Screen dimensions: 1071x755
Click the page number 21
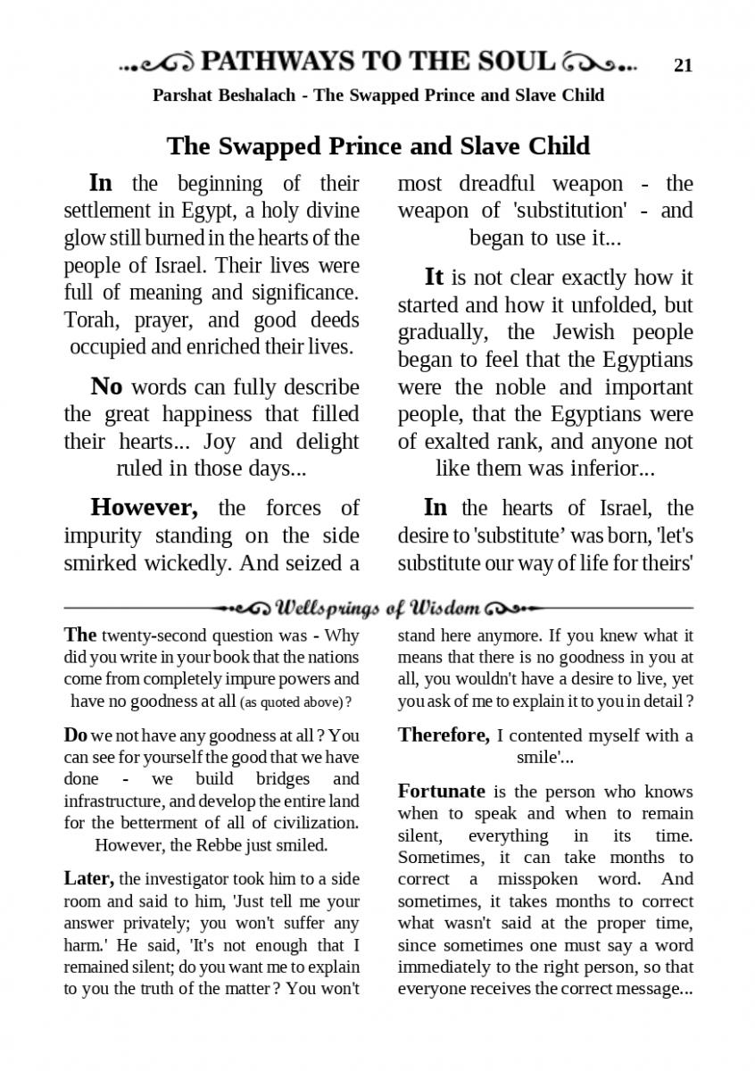coord(683,64)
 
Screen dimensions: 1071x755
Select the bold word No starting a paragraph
coord(106,386)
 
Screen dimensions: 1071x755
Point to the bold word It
coord(434,277)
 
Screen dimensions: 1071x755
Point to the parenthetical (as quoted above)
coord(295,702)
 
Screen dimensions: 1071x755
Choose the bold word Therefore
coord(444,735)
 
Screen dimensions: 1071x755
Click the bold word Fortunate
coord(441,791)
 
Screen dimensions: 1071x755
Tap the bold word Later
coord(88,878)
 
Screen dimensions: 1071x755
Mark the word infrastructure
coord(117,800)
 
